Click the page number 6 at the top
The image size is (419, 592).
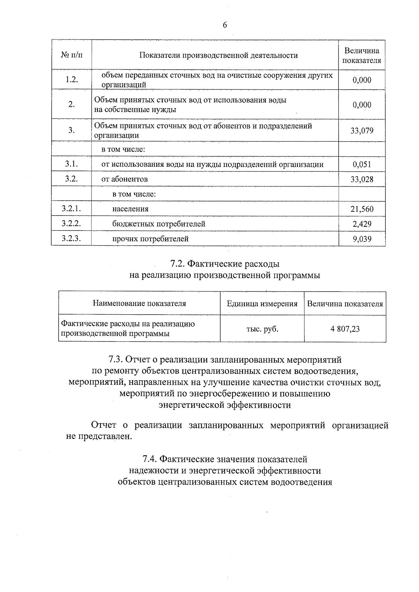click(x=225, y=25)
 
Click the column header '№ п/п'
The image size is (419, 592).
click(x=72, y=55)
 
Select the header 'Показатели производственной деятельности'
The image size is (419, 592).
click(x=219, y=55)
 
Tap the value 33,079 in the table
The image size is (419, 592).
click(x=362, y=130)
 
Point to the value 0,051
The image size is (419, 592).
click(x=362, y=164)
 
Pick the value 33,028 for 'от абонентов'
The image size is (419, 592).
click(x=362, y=179)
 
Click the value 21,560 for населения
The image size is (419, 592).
click(x=362, y=209)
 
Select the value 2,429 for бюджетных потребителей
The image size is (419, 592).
click(x=362, y=224)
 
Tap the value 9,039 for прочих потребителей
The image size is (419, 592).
click(x=362, y=239)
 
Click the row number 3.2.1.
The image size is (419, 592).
click(x=72, y=209)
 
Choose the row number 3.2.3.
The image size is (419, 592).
click(x=72, y=239)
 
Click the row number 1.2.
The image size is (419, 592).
click(x=72, y=80)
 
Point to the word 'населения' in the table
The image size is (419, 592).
click(x=130, y=209)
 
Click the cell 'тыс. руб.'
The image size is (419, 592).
click(x=262, y=329)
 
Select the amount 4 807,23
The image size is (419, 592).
click(x=345, y=329)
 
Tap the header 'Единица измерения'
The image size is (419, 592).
click(x=262, y=304)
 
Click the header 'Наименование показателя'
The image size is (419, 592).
click(x=139, y=303)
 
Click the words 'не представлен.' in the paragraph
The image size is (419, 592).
click(x=99, y=436)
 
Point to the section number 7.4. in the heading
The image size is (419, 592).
click(x=150, y=459)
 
